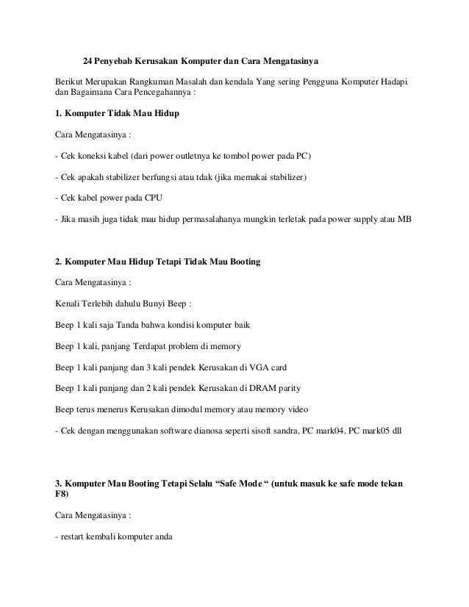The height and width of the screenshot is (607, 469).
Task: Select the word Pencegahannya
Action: (x=163, y=93)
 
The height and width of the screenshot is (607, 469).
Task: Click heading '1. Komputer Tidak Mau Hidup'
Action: (x=117, y=115)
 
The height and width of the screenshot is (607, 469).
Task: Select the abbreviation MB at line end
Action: (x=405, y=219)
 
